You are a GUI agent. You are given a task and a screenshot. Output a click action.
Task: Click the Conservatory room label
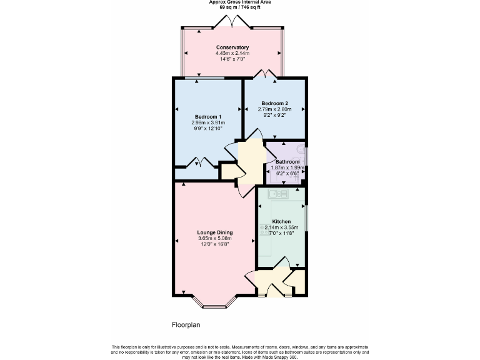(x=232, y=47)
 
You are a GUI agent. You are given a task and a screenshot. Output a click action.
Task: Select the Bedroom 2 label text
(x=274, y=103)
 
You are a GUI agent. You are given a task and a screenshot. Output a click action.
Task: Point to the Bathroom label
(x=287, y=162)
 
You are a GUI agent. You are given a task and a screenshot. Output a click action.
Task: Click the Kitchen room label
(x=281, y=222)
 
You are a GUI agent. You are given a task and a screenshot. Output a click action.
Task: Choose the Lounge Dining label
(x=215, y=232)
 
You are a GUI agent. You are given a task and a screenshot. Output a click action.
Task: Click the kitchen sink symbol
(x=277, y=194)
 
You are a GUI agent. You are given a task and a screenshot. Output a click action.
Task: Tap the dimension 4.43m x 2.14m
(x=232, y=53)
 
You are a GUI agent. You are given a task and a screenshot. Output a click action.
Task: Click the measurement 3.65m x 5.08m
(x=215, y=238)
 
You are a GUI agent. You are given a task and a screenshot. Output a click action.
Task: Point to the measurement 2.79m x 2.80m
(x=274, y=109)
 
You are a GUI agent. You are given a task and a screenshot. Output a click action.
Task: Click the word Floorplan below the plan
(x=186, y=325)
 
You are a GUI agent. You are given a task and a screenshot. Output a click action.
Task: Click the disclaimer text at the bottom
(x=240, y=352)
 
